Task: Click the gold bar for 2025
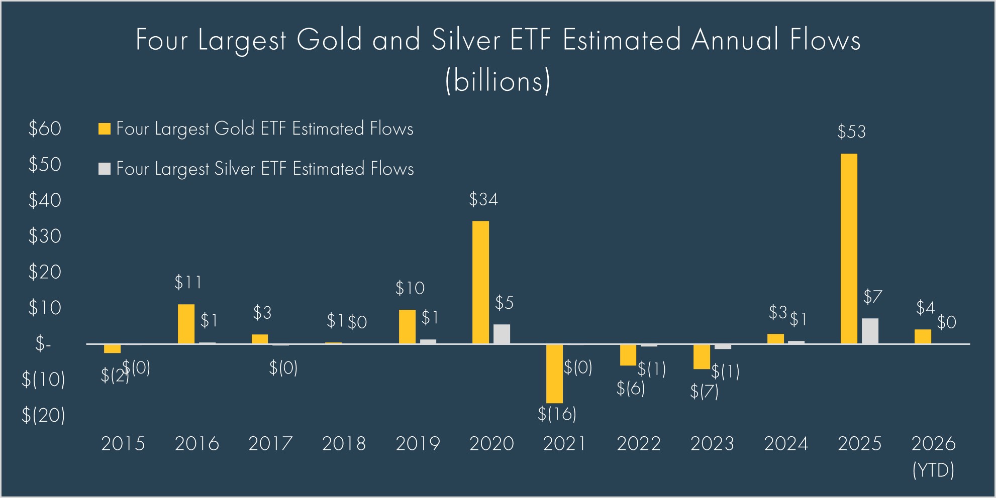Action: (849, 248)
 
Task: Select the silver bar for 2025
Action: (870, 331)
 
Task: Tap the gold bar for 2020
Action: (480, 282)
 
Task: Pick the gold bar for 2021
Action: (554, 374)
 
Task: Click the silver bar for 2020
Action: (502, 334)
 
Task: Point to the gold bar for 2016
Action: (186, 324)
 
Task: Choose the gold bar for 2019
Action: (407, 327)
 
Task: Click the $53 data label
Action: (851, 132)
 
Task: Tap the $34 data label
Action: (483, 200)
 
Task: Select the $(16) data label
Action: (557, 414)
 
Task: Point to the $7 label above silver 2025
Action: (872, 297)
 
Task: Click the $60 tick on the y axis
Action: (45, 129)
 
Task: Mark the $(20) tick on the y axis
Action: (43, 416)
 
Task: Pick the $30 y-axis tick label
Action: (45, 236)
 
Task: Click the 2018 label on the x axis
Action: (344, 444)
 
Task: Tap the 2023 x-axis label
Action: (712, 444)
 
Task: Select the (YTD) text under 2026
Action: (933, 470)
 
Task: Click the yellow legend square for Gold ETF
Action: (104, 129)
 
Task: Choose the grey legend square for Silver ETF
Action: (104, 169)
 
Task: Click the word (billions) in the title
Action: (497, 80)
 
